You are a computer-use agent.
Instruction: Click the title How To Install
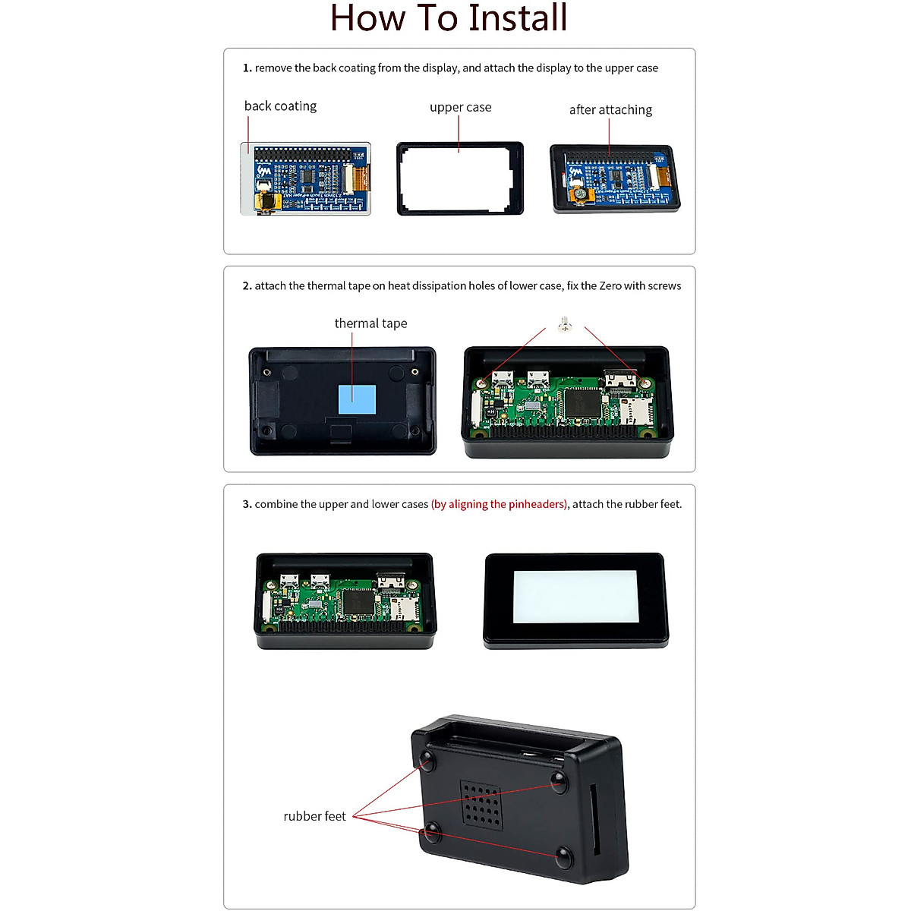click(449, 19)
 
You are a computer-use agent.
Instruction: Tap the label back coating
click(280, 106)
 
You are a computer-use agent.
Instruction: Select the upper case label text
click(460, 107)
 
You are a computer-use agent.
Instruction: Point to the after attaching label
click(610, 110)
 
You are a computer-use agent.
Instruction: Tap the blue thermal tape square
click(357, 399)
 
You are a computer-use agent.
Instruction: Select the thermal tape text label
click(370, 323)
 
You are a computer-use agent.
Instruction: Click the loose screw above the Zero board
click(563, 325)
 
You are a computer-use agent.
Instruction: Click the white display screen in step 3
click(574, 597)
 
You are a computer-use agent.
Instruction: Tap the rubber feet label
click(314, 816)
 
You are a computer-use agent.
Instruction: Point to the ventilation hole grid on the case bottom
click(481, 805)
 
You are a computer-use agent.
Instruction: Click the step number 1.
click(247, 68)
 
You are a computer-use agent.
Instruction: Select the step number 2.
click(247, 286)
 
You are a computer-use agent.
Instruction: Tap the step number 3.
click(247, 504)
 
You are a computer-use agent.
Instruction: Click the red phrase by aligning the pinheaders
click(500, 504)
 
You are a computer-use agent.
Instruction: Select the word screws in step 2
click(664, 286)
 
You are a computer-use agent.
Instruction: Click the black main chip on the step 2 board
click(580, 402)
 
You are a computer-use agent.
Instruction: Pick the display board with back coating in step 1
click(306, 179)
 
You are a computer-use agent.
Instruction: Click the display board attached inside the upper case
click(615, 178)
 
